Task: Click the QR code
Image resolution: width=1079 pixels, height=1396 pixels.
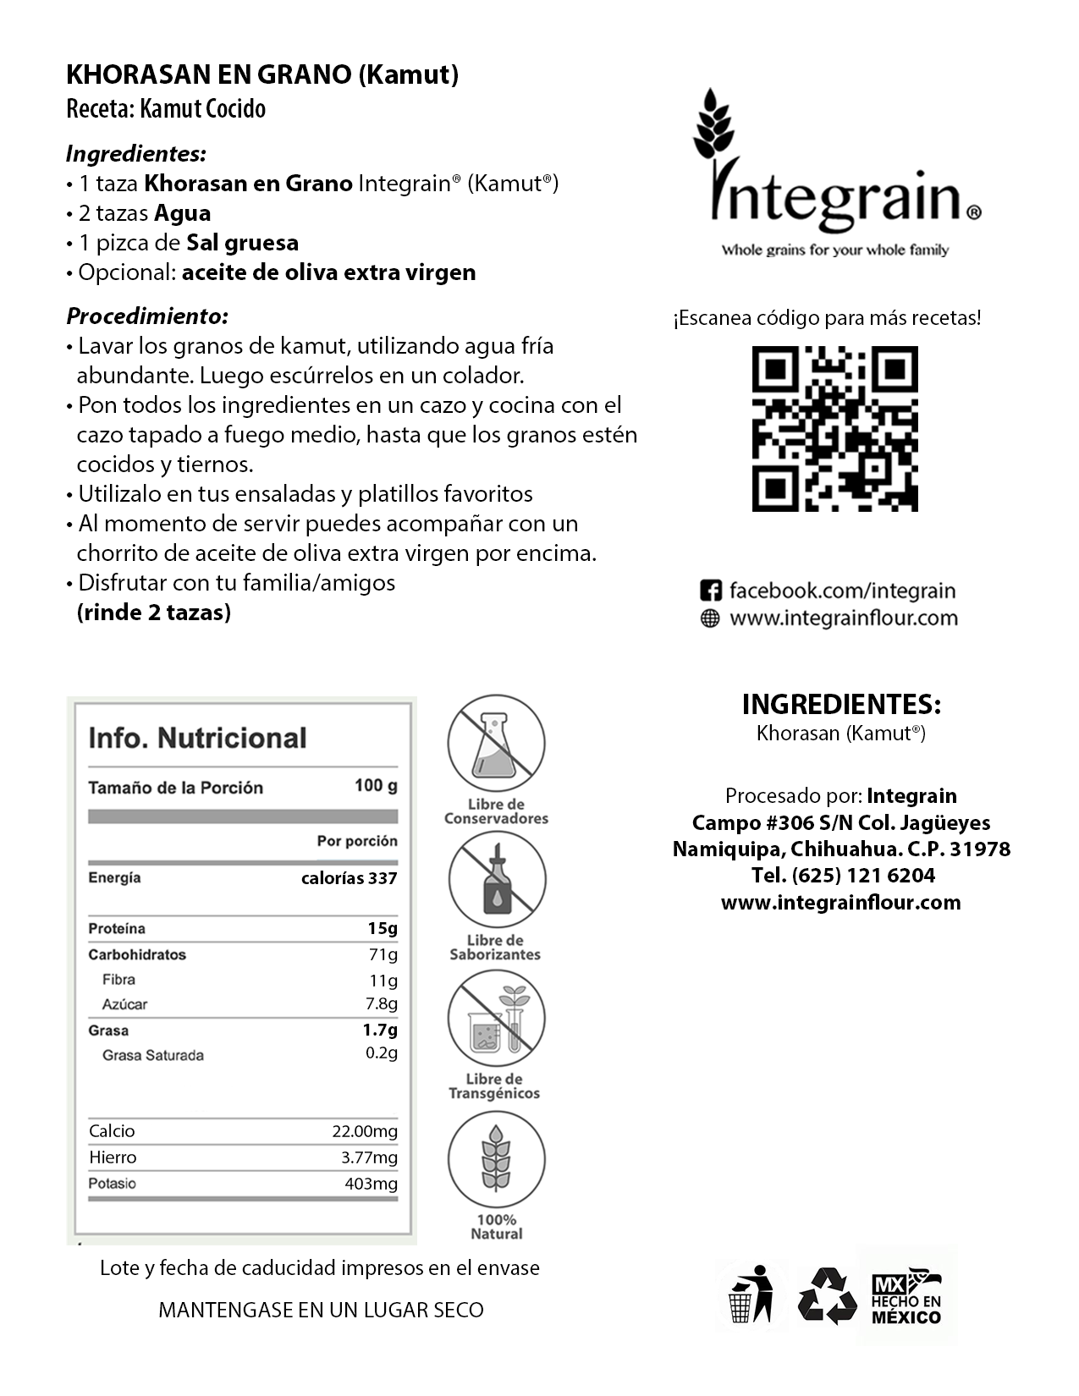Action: coord(834,428)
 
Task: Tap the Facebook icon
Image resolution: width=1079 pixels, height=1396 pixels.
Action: coord(711,591)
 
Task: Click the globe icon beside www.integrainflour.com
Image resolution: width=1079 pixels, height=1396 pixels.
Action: coord(711,618)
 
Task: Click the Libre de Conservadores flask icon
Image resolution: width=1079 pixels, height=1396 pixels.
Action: coord(497,742)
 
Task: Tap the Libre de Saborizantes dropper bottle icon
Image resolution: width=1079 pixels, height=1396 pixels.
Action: coord(497,879)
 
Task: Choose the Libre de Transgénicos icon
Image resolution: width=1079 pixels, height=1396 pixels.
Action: coord(497,1018)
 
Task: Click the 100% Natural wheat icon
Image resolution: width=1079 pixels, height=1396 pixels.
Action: coord(497,1158)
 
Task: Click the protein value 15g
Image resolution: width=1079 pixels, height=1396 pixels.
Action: coord(383,928)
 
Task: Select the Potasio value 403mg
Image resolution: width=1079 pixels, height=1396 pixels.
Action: coord(371,1184)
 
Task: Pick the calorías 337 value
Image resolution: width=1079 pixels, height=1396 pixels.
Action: coord(349,878)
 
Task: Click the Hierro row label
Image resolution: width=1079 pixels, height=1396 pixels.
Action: coord(113,1157)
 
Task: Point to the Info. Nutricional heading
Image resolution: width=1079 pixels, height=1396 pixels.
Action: coord(197,738)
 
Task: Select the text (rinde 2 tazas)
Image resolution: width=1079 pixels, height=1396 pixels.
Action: coord(153,613)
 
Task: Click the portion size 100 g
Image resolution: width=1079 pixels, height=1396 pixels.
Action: coord(376,786)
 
